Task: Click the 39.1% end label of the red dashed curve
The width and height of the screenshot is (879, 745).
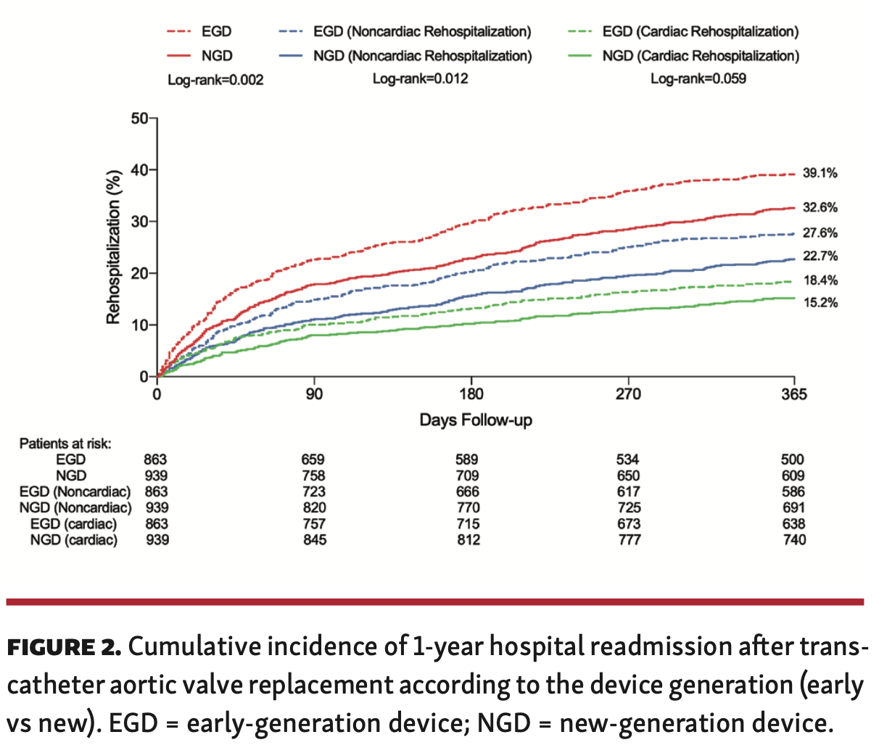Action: tap(820, 173)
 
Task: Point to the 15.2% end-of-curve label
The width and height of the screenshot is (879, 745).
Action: tap(820, 303)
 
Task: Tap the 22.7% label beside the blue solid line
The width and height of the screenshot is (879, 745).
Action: tap(820, 257)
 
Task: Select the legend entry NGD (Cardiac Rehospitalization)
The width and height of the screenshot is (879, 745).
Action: tap(699, 56)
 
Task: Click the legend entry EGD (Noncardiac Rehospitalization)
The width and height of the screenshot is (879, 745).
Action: tap(421, 32)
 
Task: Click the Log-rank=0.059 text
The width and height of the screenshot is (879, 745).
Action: tap(698, 78)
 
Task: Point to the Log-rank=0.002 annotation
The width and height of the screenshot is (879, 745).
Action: tap(215, 80)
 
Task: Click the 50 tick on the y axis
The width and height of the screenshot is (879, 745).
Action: tap(139, 119)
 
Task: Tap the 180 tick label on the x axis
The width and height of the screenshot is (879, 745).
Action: tap(471, 395)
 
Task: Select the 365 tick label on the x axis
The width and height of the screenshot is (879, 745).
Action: tap(794, 395)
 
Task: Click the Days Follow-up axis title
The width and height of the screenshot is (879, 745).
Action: tap(476, 420)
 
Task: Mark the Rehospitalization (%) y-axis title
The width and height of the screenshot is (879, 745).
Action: tap(113, 246)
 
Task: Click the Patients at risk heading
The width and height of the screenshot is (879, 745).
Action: tap(65, 444)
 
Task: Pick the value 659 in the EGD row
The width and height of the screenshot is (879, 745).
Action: tap(313, 459)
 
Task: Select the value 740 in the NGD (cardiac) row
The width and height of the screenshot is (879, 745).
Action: tap(793, 540)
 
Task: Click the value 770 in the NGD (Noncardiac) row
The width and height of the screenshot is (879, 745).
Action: tap(468, 508)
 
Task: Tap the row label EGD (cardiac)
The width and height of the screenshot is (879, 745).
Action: tap(73, 524)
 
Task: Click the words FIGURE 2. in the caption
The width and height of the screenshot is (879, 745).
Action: tap(65, 647)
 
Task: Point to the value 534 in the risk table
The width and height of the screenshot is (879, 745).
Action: tap(628, 459)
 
